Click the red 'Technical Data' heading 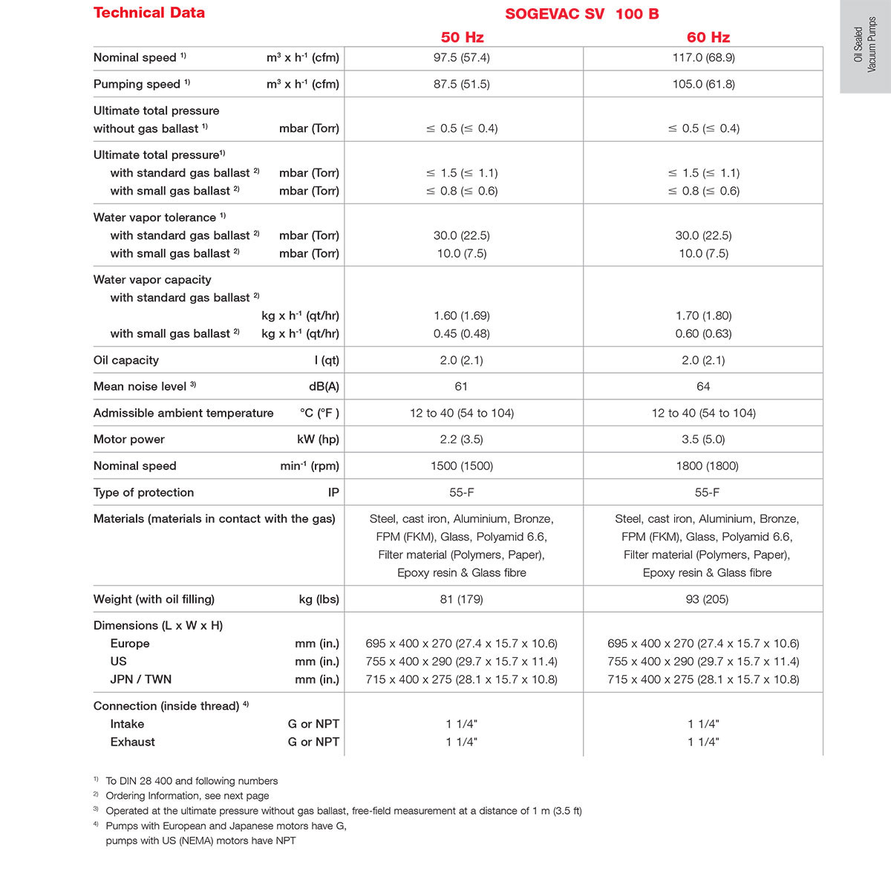point(149,13)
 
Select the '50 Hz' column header point(462,37)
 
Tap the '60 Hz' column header point(708,37)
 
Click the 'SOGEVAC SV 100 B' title point(582,14)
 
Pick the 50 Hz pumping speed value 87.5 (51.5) point(462,84)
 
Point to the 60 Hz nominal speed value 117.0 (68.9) point(704,57)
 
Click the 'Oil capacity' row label point(126,360)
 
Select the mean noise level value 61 point(461,386)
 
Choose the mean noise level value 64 point(703,386)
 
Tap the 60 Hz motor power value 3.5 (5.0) point(703,439)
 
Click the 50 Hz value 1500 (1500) point(462,466)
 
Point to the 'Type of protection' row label point(143,492)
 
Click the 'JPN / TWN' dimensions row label point(141,679)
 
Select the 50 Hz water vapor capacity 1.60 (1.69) point(462,316)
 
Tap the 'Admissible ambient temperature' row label point(183,413)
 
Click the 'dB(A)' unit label point(324,386)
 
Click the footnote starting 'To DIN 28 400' point(192,781)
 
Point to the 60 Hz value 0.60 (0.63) point(703,333)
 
